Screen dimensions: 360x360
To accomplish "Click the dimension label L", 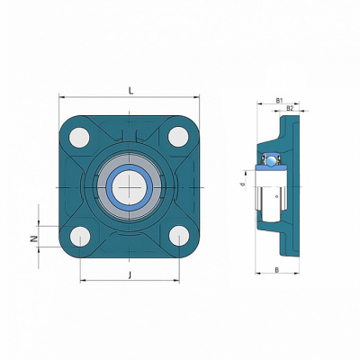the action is pyautogui.click(x=130, y=91).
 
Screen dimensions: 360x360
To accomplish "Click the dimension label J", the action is pyautogui.click(x=130, y=274).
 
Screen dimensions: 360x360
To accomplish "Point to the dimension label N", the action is pyautogui.click(x=35, y=238).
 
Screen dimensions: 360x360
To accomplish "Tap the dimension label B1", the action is pyautogui.click(x=279, y=101).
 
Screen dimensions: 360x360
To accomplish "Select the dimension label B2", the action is pyautogui.click(x=290, y=108).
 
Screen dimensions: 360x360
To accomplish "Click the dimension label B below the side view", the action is pyautogui.click(x=277, y=270).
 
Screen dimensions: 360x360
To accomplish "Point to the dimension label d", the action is pyautogui.click(x=243, y=184).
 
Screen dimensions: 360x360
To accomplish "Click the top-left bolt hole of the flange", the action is pyautogui.click(x=79, y=138).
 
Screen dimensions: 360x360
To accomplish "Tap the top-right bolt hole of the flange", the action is pyautogui.click(x=178, y=137).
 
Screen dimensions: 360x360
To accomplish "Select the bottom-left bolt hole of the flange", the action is pyautogui.click(x=80, y=237).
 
